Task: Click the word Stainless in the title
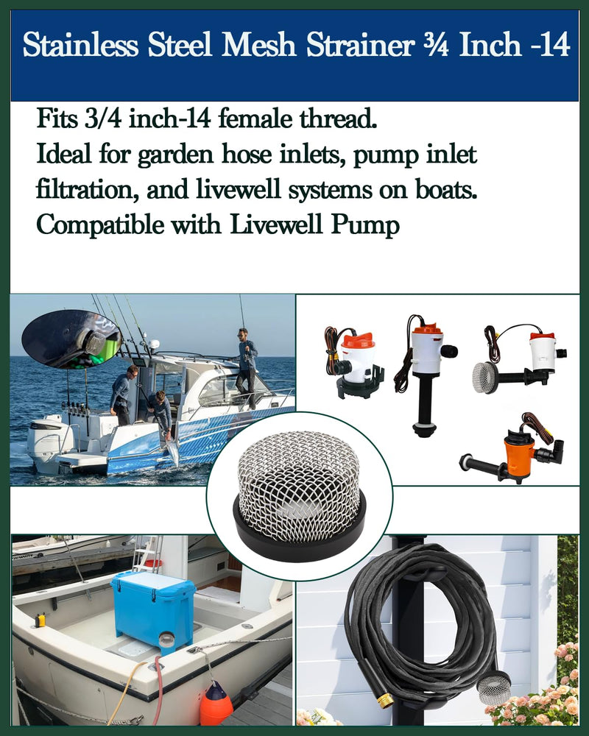click(x=78, y=46)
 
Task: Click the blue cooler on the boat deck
click(x=153, y=608)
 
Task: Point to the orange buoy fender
click(x=216, y=704)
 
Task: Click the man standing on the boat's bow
click(x=247, y=364)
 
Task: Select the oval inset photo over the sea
click(x=71, y=339)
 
